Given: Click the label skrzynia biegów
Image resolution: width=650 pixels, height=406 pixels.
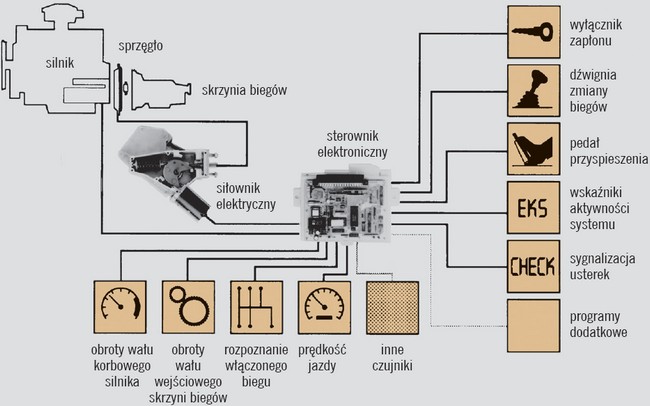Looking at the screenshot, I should (x=244, y=90).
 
